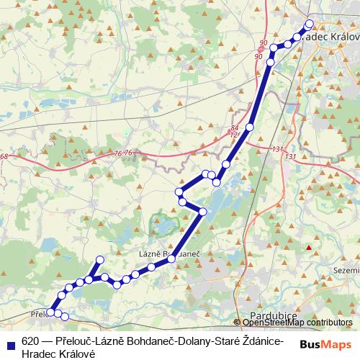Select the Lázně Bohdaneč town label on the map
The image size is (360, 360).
[168, 254]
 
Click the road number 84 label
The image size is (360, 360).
[235, 127]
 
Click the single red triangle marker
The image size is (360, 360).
[309, 248]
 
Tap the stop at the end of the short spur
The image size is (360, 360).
[100, 259]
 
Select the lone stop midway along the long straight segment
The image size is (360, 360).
[250, 127]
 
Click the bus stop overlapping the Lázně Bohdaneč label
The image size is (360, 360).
[172, 259]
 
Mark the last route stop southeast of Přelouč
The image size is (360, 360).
[64, 316]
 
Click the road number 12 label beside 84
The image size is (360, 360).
[235, 135]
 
